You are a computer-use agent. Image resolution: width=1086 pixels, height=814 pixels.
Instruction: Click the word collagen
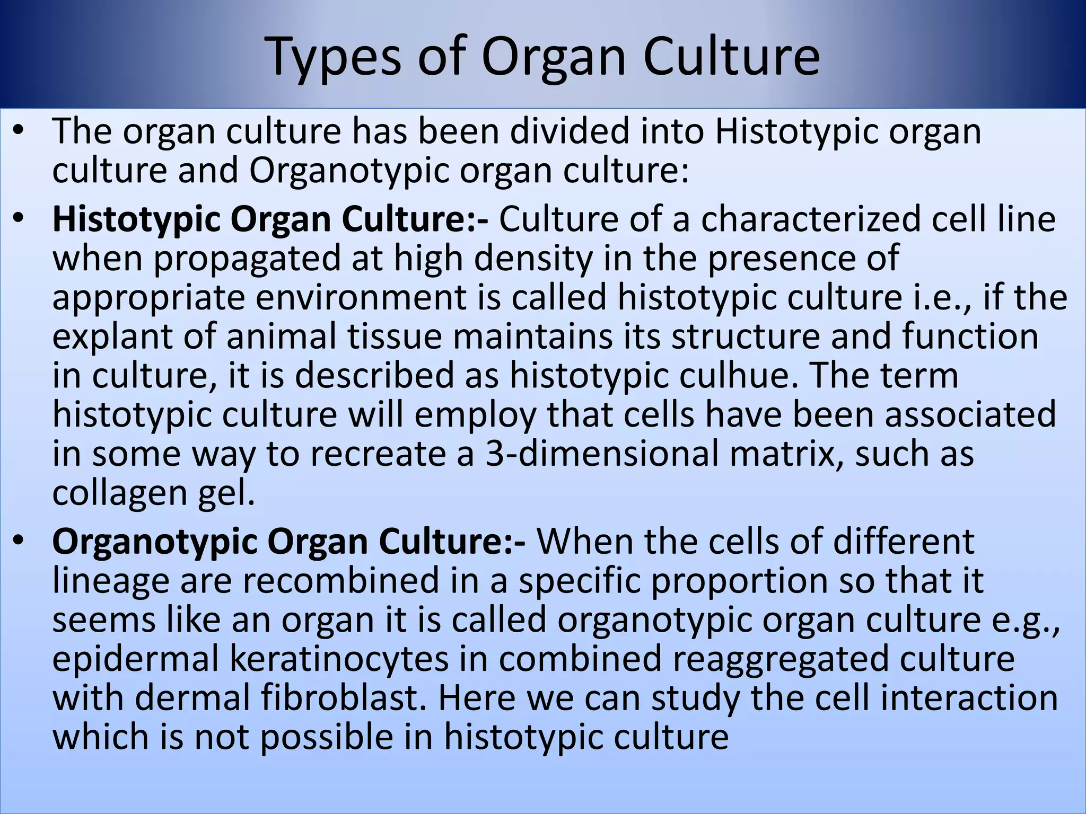click(x=120, y=494)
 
